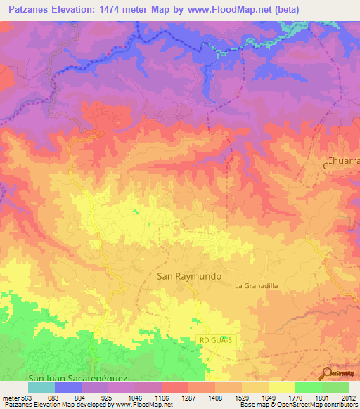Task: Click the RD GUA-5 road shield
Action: tap(215, 340)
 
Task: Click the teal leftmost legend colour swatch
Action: tap(41, 387)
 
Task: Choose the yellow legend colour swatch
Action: tap(282, 387)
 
